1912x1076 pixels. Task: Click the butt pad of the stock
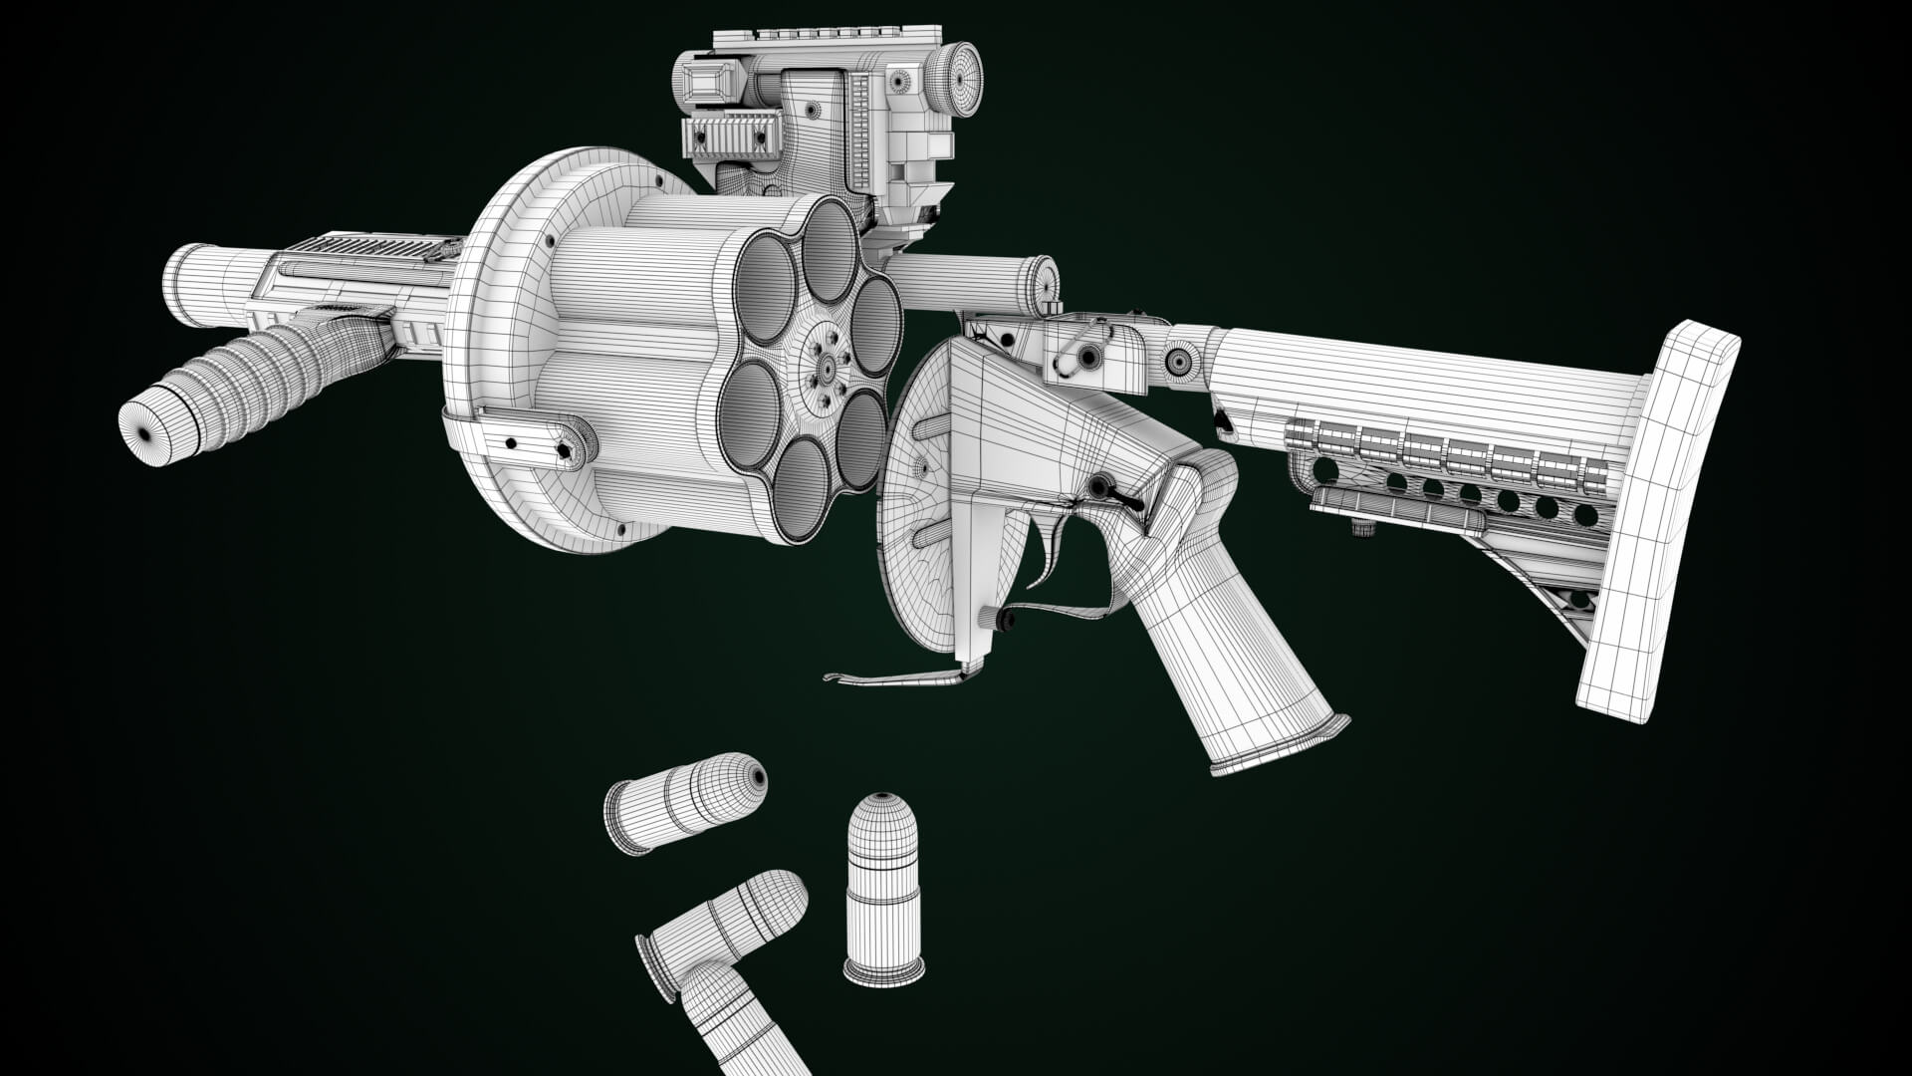(1653, 518)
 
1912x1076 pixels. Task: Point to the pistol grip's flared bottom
(1279, 743)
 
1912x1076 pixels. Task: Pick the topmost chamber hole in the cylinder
(829, 250)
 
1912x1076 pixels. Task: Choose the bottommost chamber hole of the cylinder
(802, 488)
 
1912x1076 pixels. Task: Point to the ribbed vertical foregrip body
(269, 374)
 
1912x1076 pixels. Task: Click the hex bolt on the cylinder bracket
(567, 451)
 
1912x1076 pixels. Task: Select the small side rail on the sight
(731, 135)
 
